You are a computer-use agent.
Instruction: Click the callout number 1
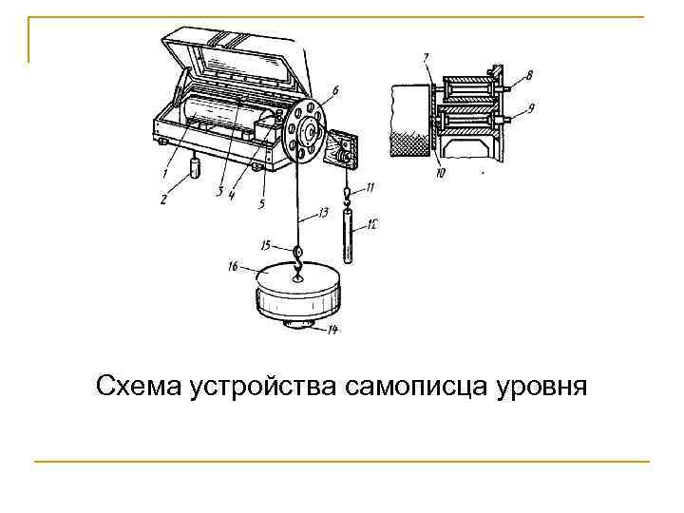click(164, 174)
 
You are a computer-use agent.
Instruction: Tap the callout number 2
click(163, 199)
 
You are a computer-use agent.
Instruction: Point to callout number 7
click(426, 59)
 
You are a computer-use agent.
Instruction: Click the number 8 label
click(529, 73)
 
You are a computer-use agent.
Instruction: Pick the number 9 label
click(531, 107)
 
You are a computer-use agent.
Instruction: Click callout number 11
click(370, 186)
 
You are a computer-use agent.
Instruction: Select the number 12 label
click(372, 224)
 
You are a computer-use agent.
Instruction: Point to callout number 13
click(326, 214)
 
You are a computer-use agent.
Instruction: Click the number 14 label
click(332, 331)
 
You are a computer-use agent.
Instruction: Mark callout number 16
click(233, 268)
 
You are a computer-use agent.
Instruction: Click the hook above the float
click(298, 255)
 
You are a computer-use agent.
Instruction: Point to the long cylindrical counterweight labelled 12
click(348, 238)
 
